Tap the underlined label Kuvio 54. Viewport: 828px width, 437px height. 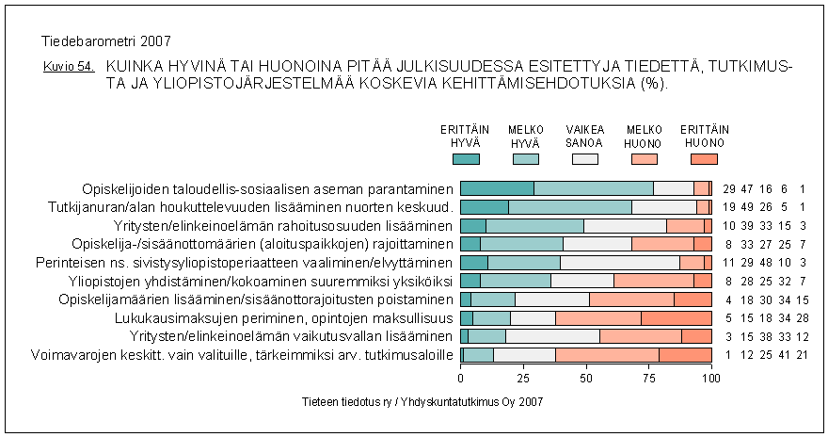coord(69,68)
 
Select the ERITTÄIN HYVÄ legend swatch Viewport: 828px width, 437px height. coord(466,158)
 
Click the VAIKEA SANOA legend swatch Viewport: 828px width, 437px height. coord(584,158)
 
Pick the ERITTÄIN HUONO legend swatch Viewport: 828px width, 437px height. coord(703,158)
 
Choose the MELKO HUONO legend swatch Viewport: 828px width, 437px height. coord(644,158)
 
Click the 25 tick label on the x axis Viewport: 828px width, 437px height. coord(523,379)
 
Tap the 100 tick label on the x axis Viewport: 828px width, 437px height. coord(711,379)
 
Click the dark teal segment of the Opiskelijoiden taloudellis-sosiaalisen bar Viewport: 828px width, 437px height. coord(497,188)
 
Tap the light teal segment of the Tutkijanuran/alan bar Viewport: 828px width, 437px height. coord(569,207)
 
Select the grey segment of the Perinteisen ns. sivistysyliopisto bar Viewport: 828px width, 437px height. coord(619,263)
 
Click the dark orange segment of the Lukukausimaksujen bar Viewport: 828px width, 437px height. coord(677,318)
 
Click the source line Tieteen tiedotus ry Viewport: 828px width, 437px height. coord(417,401)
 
